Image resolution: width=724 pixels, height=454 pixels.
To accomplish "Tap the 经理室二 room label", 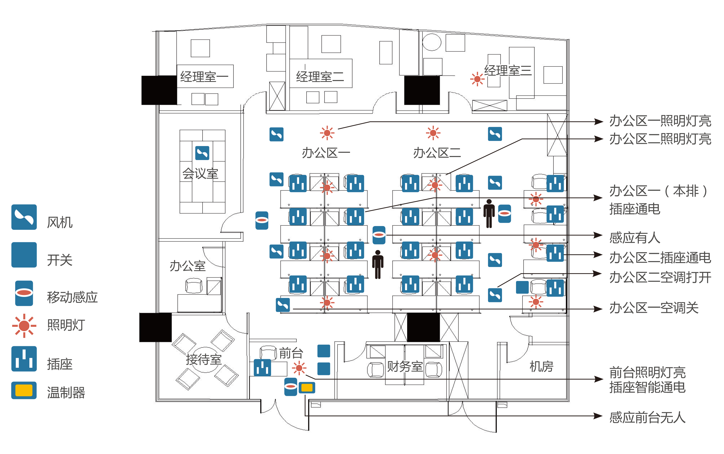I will [320, 77].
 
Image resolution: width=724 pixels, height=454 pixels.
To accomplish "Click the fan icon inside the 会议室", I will [202, 153].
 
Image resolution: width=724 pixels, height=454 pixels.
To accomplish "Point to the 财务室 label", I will [404, 367].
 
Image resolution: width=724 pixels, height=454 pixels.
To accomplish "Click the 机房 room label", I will [541, 367].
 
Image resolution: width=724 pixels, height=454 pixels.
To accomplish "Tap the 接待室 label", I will [204, 359].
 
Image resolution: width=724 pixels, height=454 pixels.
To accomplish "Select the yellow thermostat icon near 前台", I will [307, 388].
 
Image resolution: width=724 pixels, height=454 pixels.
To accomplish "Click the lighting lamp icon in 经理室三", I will [477, 79].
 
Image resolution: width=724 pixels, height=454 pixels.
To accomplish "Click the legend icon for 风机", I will [24, 217].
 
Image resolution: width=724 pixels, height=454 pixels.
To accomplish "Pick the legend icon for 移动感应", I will [24, 293].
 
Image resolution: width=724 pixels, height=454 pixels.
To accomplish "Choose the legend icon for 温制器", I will [24, 390].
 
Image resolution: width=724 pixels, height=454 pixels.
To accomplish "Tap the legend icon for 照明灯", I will [24, 325].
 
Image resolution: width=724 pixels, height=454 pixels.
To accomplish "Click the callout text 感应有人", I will [635, 238].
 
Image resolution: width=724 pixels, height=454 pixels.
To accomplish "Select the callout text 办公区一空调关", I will [654, 308].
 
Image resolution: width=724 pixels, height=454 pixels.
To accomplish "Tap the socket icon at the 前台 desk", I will [262, 368].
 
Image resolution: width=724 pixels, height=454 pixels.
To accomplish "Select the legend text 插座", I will [60, 364].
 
